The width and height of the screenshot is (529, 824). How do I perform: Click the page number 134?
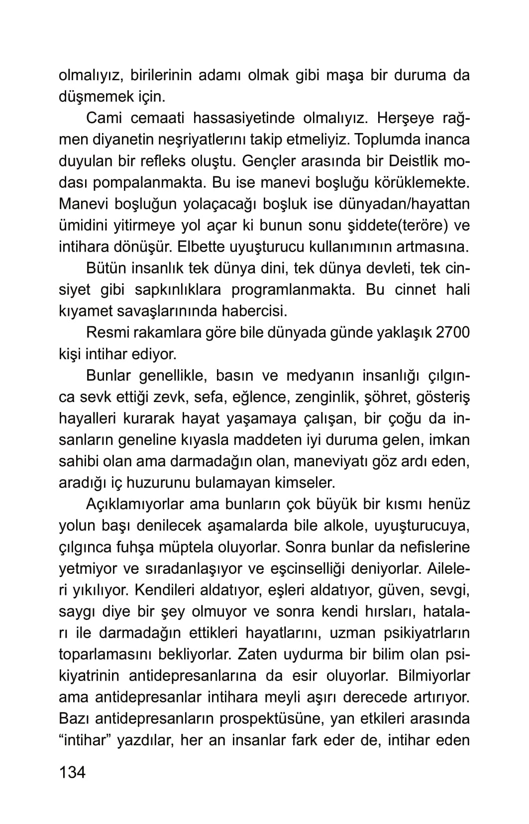click(x=72, y=773)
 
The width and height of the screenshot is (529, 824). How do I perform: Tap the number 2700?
click(x=452, y=333)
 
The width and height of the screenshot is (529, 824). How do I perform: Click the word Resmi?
click(x=106, y=333)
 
